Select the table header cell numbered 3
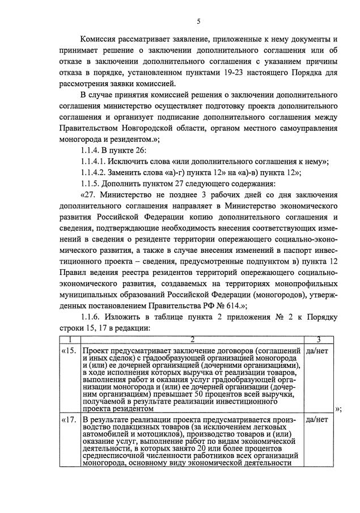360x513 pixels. [x=319, y=340]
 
